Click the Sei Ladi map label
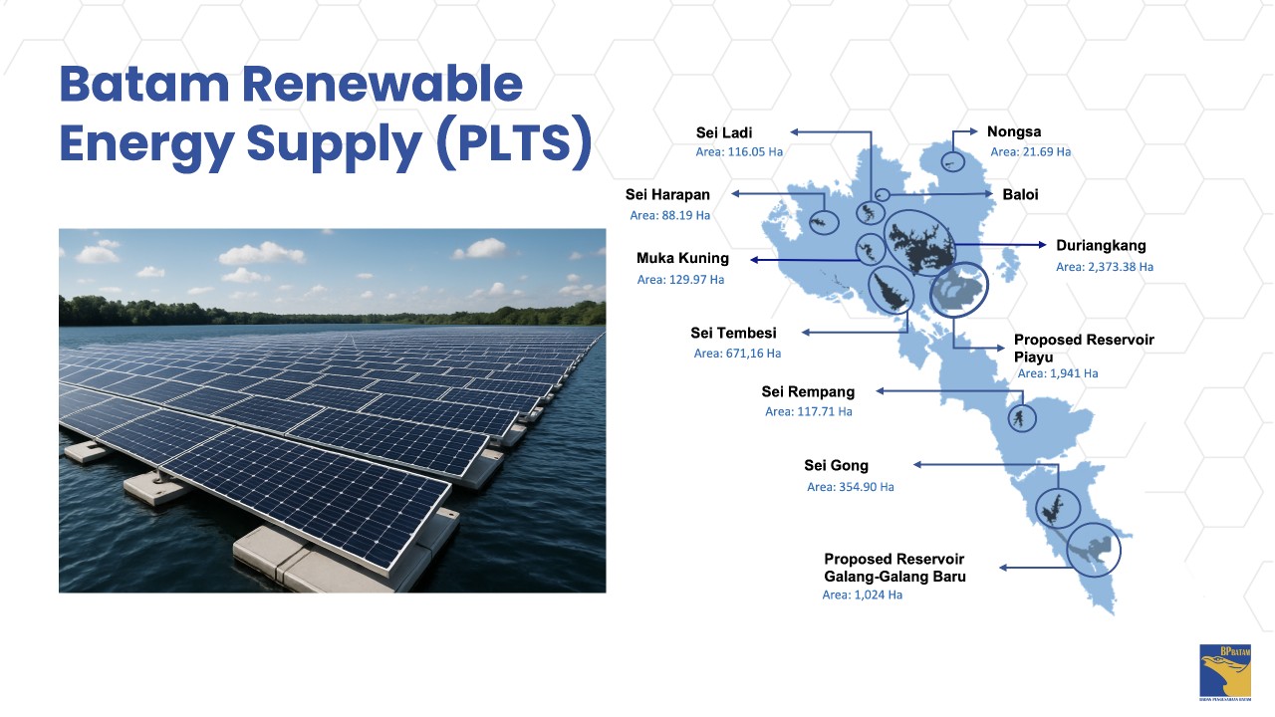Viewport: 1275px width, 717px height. pos(724,132)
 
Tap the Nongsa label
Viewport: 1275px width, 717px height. pos(1014,131)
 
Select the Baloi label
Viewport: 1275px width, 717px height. pos(1020,194)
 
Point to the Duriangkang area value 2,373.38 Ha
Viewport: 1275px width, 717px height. pos(1105,267)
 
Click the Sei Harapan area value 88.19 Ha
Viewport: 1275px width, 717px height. pos(670,216)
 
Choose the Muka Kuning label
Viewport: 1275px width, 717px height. pos(682,258)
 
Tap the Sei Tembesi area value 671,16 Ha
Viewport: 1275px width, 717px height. pos(737,354)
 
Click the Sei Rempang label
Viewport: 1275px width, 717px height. pos(808,392)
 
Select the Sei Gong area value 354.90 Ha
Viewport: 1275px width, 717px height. pos(851,487)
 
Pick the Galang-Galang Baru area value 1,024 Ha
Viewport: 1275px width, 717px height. pos(863,596)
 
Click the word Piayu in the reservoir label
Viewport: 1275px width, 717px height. pos(1033,358)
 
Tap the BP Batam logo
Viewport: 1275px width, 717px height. pos(1225,672)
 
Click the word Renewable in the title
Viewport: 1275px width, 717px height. pos(382,85)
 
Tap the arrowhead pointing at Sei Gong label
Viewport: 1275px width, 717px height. pos(917,465)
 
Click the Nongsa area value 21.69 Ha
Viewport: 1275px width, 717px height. pos(1030,152)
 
